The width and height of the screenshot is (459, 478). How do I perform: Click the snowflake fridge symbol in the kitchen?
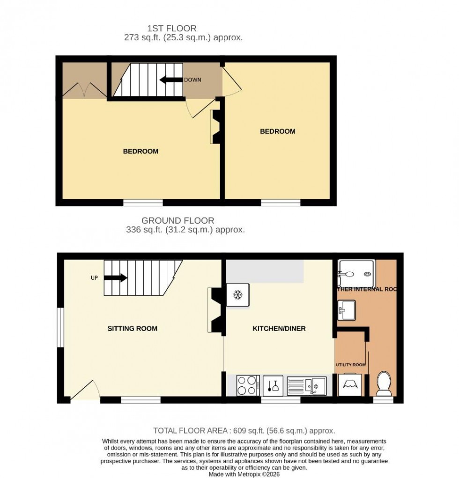(x=237, y=295)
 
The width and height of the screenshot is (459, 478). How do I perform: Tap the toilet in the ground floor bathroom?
(x=384, y=383)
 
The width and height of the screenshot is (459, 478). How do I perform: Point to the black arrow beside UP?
(x=115, y=278)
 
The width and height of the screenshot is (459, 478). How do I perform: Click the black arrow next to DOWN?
(x=171, y=80)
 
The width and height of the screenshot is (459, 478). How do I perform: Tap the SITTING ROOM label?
(x=133, y=328)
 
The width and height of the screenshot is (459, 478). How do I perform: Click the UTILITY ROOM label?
(x=350, y=364)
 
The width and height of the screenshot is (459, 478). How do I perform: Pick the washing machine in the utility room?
(x=350, y=385)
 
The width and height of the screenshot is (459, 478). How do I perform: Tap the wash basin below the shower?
(x=346, y=309)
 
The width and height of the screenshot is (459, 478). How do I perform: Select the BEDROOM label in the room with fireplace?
(x=141, y=151)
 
